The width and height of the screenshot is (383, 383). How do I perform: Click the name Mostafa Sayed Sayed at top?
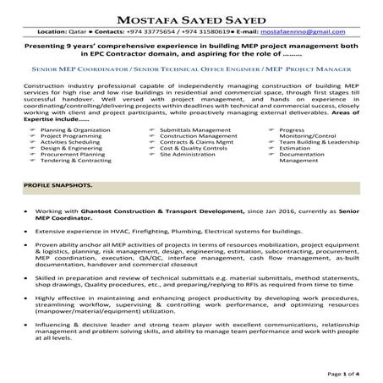point(191,15)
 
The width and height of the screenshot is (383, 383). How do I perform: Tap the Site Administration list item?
point(187,156)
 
